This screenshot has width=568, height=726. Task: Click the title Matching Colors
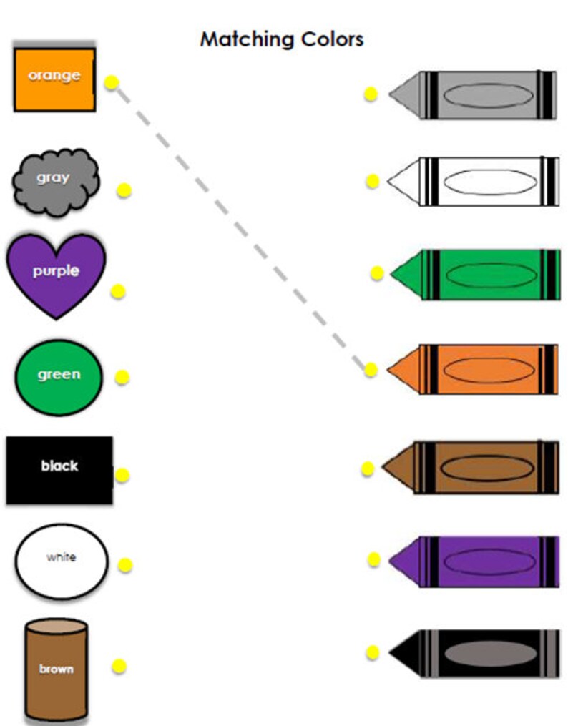pos(281,39)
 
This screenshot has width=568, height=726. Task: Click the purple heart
pos(56,275)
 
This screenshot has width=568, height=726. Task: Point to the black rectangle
pos(59,470)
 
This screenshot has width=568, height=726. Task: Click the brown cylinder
pos(57,669)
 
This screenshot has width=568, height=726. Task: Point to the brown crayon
pos(472,467)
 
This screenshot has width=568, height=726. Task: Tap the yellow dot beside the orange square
pos(112,82)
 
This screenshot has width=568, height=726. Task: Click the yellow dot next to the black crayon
pos(372,652)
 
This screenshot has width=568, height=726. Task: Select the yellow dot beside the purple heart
pos(119,290)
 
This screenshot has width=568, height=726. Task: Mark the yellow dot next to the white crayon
pos(372,182)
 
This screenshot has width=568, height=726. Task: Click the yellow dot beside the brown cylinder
pos(119,667)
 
